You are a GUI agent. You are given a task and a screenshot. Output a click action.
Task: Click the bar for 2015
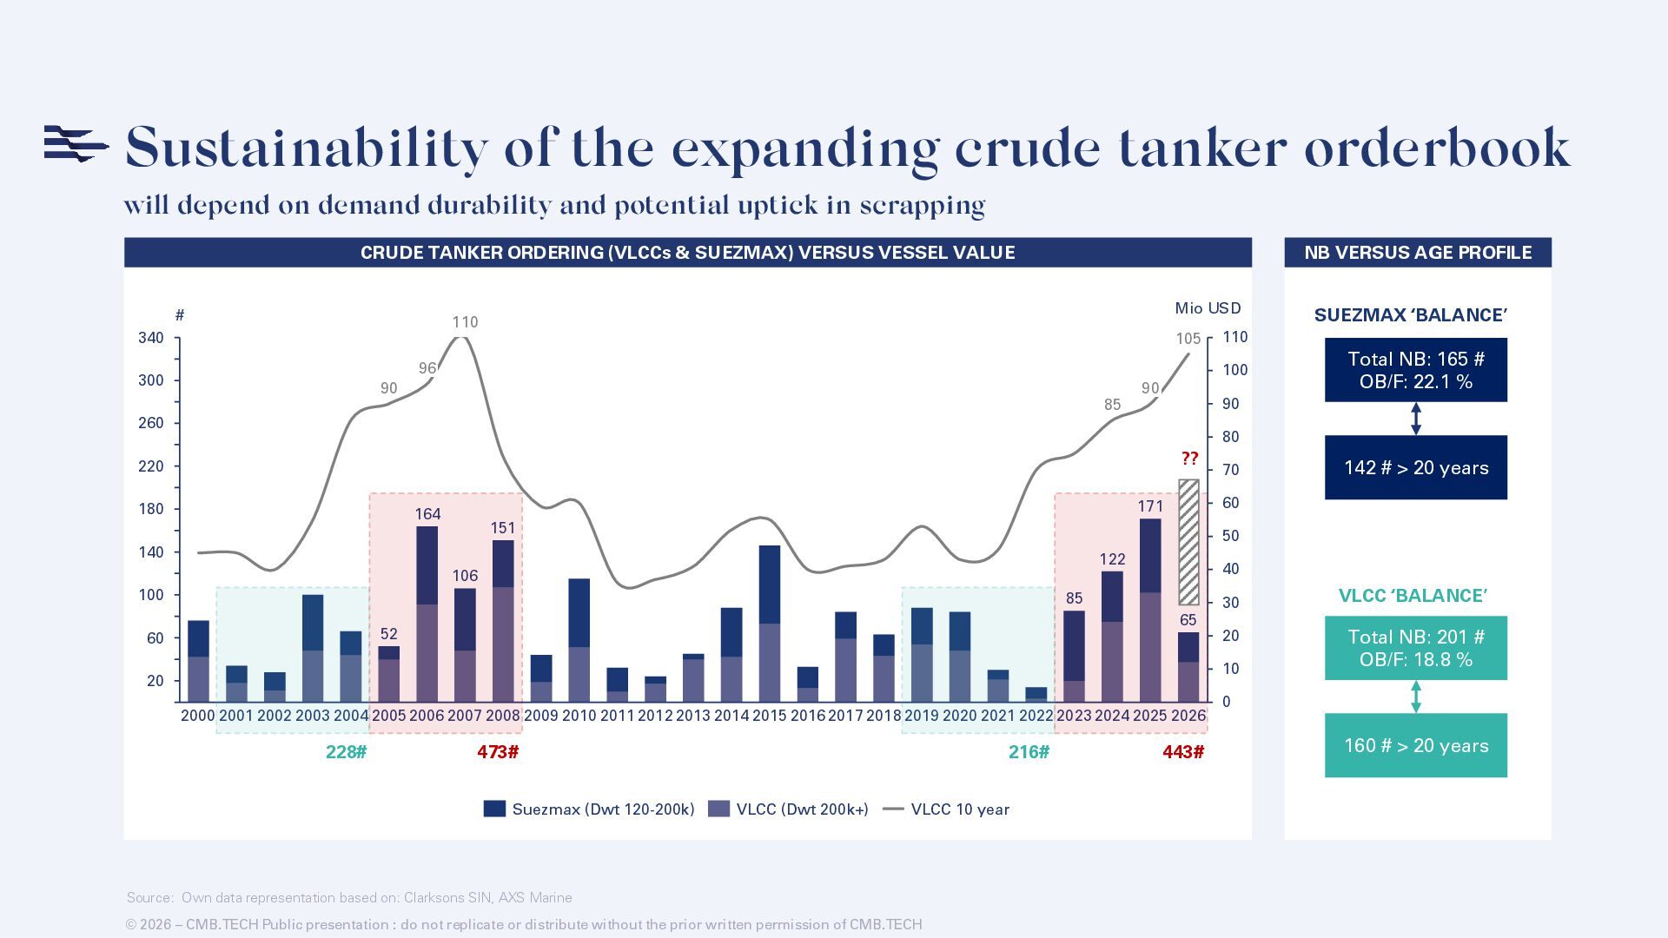click(770, 624)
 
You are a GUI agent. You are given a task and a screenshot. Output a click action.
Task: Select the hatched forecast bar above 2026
click(1188, 542)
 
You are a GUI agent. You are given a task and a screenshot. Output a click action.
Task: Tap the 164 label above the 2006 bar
click(427, 513)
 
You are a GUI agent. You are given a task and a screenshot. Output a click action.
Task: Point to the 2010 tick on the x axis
click(579, 716)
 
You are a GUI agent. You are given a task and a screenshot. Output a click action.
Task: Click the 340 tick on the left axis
click(151, 338)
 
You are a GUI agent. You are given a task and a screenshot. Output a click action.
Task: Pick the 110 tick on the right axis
click(1234, 337)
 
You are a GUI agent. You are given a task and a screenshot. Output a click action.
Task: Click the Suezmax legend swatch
click(494, 809)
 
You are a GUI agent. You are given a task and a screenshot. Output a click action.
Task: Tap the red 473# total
click(498, 752)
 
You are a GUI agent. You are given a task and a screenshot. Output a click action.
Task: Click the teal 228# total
click(346, 752)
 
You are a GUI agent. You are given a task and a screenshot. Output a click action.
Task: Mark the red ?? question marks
click(1189, 459)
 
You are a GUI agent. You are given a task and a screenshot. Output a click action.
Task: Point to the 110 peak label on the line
click(465, 322)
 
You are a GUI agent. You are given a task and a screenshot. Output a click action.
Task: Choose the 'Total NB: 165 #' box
click(1415, 370)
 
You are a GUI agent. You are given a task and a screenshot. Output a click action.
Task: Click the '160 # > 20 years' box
click(1415, 745)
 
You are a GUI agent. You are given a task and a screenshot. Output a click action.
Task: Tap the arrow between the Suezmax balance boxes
click(1415, 419)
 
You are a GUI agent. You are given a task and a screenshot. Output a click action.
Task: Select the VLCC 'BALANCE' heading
click(1413, 596)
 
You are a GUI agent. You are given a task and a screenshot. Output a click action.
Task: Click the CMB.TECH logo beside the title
click(76, 143)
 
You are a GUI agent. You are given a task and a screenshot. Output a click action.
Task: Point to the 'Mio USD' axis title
click(1208, 308)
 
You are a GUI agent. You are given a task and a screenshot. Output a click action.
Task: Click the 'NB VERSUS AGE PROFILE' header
click(1417, 253)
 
